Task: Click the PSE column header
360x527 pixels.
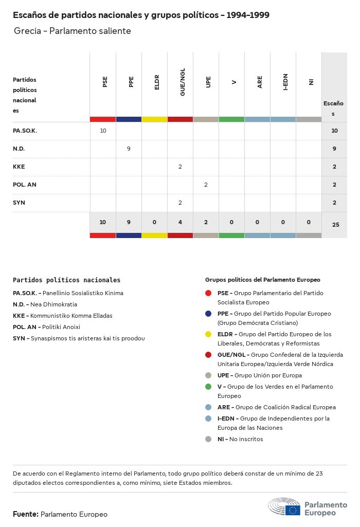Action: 105,82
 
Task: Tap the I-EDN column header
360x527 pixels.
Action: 285,82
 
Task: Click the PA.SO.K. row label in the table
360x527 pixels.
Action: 25,131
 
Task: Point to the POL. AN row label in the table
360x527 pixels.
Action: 25,185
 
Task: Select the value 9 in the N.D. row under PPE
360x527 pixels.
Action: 129,149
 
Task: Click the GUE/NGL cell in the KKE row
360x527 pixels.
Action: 180,167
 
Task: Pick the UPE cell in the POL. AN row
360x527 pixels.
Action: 206,185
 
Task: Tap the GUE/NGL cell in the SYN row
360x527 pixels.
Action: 180,203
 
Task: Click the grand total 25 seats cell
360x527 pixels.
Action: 335,224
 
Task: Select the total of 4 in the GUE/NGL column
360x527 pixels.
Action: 180,222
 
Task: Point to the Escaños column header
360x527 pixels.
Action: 333,108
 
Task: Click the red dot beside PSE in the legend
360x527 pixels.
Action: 208,293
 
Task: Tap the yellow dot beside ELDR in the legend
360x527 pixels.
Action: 208,334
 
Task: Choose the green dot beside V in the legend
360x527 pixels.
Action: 208,387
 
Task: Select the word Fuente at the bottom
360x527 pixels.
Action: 25,514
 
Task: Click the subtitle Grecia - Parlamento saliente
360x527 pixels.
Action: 73,31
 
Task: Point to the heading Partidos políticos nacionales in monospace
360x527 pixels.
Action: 66,280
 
